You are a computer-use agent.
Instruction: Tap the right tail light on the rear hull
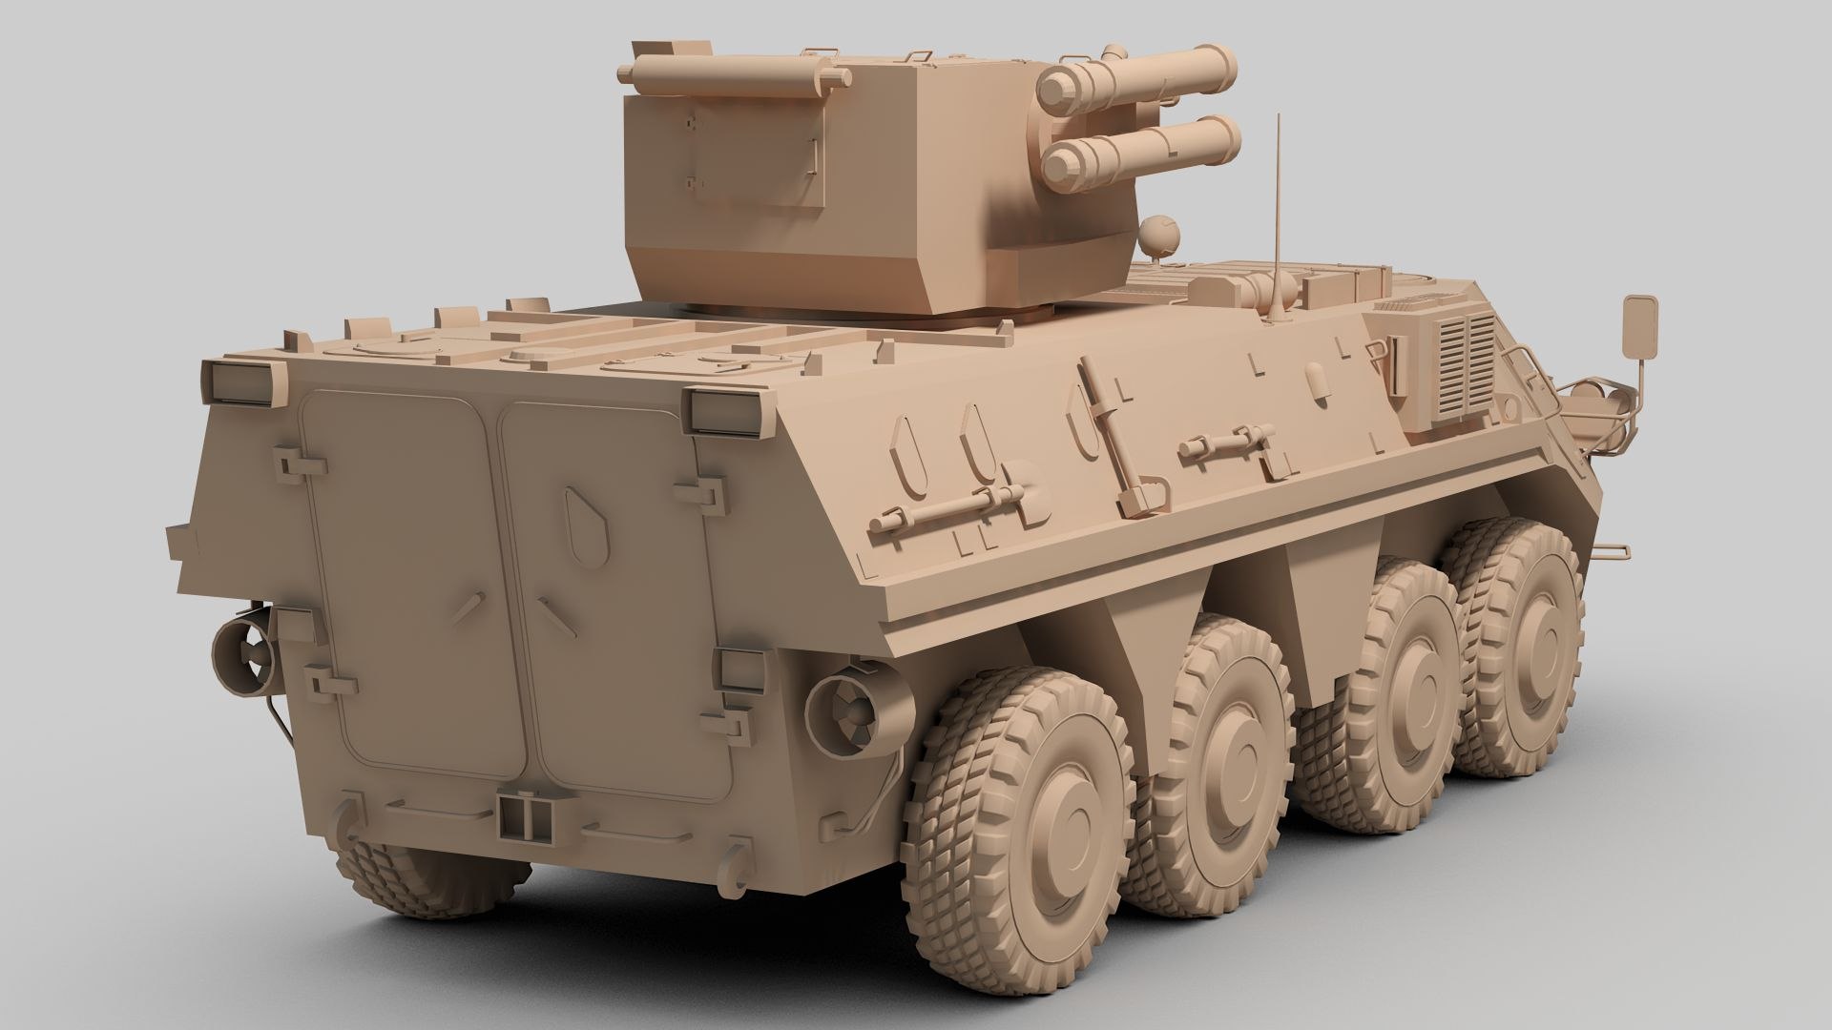[x=723, y=409]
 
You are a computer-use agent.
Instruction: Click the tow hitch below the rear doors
[x=519, y=815]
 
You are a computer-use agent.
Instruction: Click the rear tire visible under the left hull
[x=428, y=879]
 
